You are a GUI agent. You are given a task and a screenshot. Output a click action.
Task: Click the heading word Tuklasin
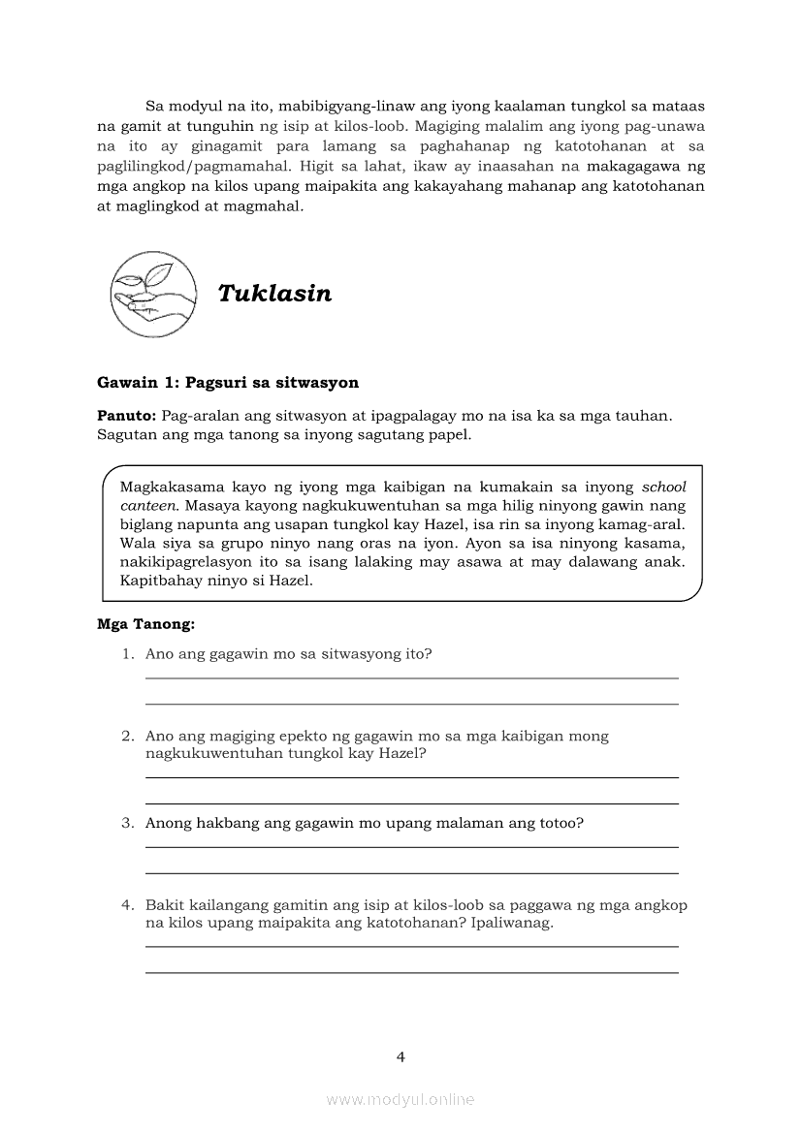click(x=274, y=294)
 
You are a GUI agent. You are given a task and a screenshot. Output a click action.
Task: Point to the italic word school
click(x=663, y=488)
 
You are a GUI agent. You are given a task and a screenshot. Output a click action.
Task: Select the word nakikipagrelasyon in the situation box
click(x=192, y=563)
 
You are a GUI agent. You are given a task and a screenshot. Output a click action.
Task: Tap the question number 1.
click(x=126, y=654)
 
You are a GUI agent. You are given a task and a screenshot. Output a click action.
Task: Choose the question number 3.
click(x=126, y=824)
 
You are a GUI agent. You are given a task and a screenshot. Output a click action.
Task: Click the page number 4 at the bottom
click(x=400, y=1056)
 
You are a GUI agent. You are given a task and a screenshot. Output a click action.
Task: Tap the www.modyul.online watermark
click(x=400, y=1099)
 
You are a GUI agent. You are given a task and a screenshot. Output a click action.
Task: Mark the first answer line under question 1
click(x=411, y=678)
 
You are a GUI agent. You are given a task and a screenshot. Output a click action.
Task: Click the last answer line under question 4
click(x=411, y=972)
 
